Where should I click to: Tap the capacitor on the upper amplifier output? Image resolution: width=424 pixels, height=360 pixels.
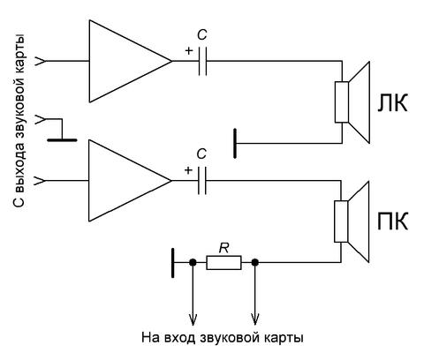[x=202, y=61]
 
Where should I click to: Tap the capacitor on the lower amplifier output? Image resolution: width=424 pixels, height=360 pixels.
[x=202, y=180]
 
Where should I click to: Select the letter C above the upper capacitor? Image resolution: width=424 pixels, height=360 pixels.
[x=202, y=35]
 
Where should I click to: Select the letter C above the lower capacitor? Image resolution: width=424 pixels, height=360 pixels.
[x=201, y=154]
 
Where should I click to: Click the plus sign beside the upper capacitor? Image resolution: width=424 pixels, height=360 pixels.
[x=189, y=50]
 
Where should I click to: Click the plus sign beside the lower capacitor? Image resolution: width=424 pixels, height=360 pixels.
[x=188, y=170]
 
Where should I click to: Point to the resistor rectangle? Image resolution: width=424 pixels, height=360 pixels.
[x=223, y=262]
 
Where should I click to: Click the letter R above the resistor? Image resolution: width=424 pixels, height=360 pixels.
[x=223, y=248]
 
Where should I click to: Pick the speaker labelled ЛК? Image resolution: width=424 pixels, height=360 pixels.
[x=352, y=102]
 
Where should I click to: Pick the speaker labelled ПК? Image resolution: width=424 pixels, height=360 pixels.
[x=352, y=221]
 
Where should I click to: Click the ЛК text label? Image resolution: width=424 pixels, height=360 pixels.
[x=392, y=102]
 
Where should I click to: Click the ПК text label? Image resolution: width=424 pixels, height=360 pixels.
[x=393, y=221]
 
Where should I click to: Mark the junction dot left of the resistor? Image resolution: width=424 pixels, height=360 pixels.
[x=193, y=262]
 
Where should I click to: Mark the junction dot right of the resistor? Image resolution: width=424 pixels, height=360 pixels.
[x=255, y=262]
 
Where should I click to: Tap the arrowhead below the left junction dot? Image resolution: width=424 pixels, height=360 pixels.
[x=193, y=319]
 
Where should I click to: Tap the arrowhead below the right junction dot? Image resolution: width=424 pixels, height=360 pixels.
[x=255, y=319]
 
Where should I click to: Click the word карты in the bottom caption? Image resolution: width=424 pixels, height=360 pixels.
[x=283, y=338]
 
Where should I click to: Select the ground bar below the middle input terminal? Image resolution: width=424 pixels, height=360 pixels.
[x=62, y=140]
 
